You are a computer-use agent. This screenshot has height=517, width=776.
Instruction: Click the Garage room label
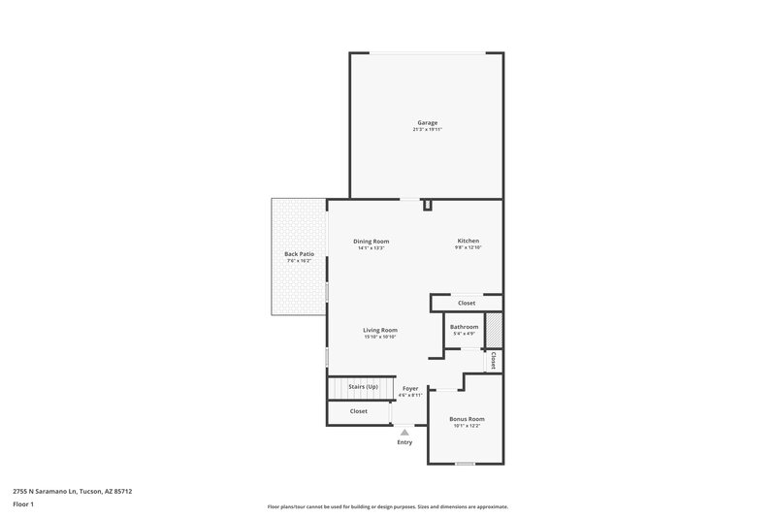(427, 123)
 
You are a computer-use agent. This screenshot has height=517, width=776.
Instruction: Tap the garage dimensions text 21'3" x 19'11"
(427, 130)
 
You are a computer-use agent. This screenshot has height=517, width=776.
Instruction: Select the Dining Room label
(371, 242)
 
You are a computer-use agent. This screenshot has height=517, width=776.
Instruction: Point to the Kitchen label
(468, 242)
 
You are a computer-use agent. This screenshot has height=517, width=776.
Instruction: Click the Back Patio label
(299, 254)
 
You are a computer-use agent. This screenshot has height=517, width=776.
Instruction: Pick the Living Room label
(380, 330)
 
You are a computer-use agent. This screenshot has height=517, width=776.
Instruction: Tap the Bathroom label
(464, 327)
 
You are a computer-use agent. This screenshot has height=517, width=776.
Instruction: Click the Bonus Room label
(467, 419)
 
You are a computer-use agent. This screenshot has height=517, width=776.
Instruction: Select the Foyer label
(410, 388)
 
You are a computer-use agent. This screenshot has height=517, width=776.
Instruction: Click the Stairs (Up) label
(363, 386)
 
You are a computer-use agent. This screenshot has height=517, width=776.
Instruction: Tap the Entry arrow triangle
(404, 433)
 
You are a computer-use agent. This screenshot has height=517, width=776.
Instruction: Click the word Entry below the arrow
(404, 442)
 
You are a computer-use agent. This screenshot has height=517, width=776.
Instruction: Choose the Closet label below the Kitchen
(467, 304)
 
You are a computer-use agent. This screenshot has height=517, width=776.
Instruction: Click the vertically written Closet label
(493, 360)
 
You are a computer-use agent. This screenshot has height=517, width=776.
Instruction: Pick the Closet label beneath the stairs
(358, 411)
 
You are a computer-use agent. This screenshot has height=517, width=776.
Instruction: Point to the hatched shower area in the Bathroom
(494, 328)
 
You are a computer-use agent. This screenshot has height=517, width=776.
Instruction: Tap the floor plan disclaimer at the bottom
(387, 506)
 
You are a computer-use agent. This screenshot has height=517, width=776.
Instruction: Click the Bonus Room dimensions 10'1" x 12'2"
(467, 426)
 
